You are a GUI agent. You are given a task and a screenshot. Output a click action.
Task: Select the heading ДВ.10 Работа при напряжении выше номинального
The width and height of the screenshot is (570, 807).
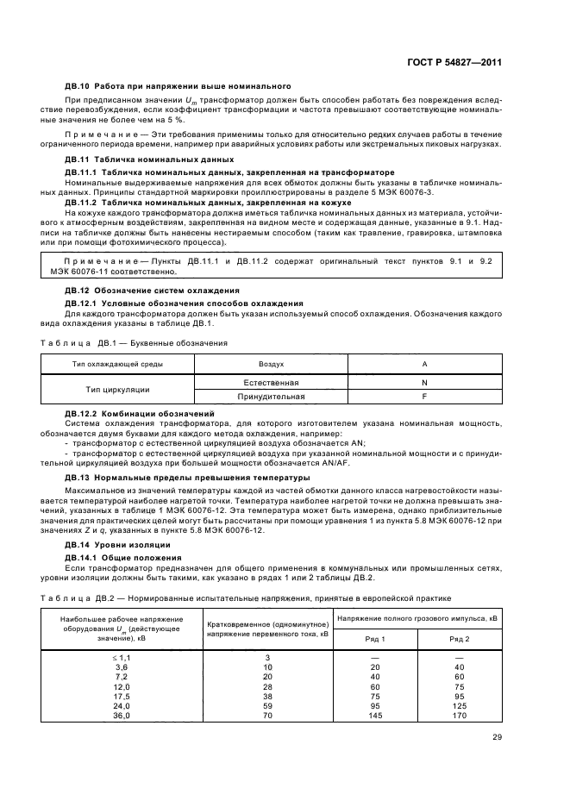(178, 86)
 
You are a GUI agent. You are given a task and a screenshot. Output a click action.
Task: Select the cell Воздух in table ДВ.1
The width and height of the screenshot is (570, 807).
(272, 364)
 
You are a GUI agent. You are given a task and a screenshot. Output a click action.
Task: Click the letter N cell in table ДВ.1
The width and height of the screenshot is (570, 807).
(423, 381)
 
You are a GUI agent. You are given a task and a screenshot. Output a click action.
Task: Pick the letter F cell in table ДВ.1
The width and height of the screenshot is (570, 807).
(423, 397)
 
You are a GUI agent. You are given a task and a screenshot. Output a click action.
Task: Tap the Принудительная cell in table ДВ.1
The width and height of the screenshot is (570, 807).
(272, 397)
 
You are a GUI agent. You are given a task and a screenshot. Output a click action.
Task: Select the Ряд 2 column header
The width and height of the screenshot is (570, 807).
(460, 638)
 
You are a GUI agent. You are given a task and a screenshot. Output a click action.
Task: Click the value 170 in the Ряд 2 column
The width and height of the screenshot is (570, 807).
(460, 716)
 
